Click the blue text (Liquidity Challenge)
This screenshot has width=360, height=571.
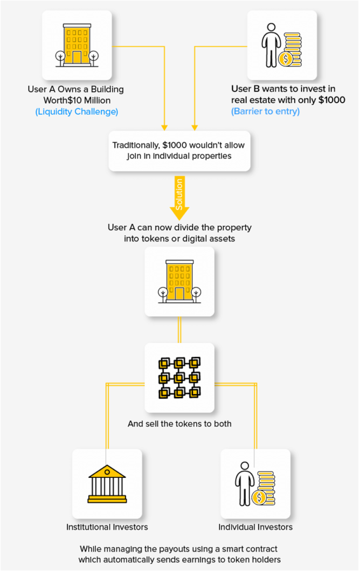76,112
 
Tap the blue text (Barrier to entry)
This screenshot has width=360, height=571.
265,112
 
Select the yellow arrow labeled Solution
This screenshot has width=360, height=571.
179,198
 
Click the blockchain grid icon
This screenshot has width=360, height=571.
179,378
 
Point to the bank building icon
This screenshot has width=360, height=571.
107,483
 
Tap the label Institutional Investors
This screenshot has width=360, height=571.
107,527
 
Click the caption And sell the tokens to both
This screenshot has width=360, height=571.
179,424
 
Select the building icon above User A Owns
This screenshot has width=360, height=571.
77,44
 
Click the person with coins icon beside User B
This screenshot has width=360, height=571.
282,44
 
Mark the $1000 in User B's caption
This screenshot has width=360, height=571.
332,100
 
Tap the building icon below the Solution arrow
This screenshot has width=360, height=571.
179,281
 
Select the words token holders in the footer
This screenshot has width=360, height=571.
256,559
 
